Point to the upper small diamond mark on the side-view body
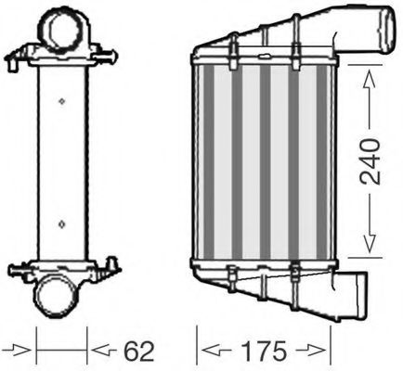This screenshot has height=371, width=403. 60,100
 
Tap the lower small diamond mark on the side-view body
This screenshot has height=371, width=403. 60,223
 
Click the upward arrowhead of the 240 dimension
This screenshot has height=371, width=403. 371,74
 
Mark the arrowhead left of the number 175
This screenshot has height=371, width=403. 212,351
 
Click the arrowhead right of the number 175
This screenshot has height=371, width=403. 321,351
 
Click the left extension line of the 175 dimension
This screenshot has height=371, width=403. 198,343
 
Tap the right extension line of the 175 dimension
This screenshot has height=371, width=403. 332,343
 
